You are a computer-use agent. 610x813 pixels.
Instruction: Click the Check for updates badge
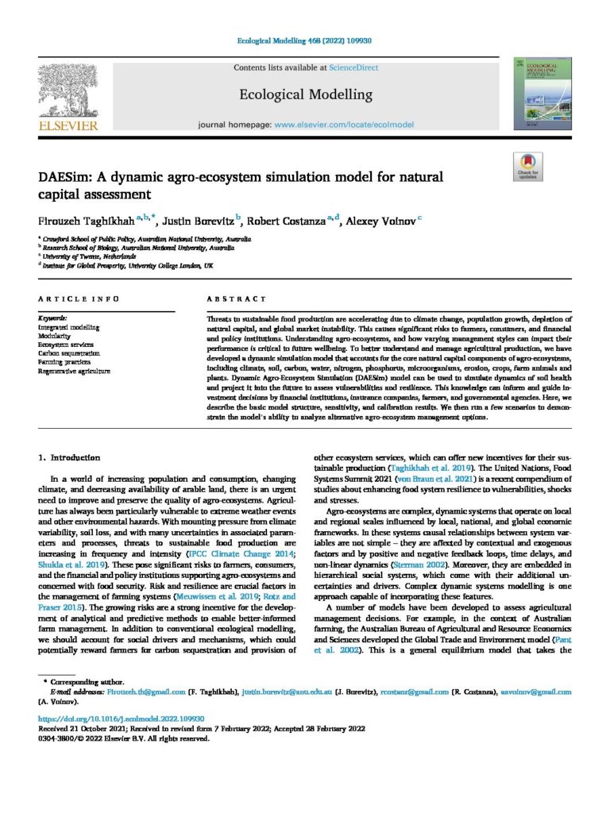pos(527,168)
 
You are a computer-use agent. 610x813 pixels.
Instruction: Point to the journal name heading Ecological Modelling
pos(306,94)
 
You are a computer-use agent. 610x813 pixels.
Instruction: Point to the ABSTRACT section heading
pos(237,299)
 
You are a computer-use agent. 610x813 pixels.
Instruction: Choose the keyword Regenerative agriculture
pos(75,371)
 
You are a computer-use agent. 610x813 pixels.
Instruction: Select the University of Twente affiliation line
pos(87,256)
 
